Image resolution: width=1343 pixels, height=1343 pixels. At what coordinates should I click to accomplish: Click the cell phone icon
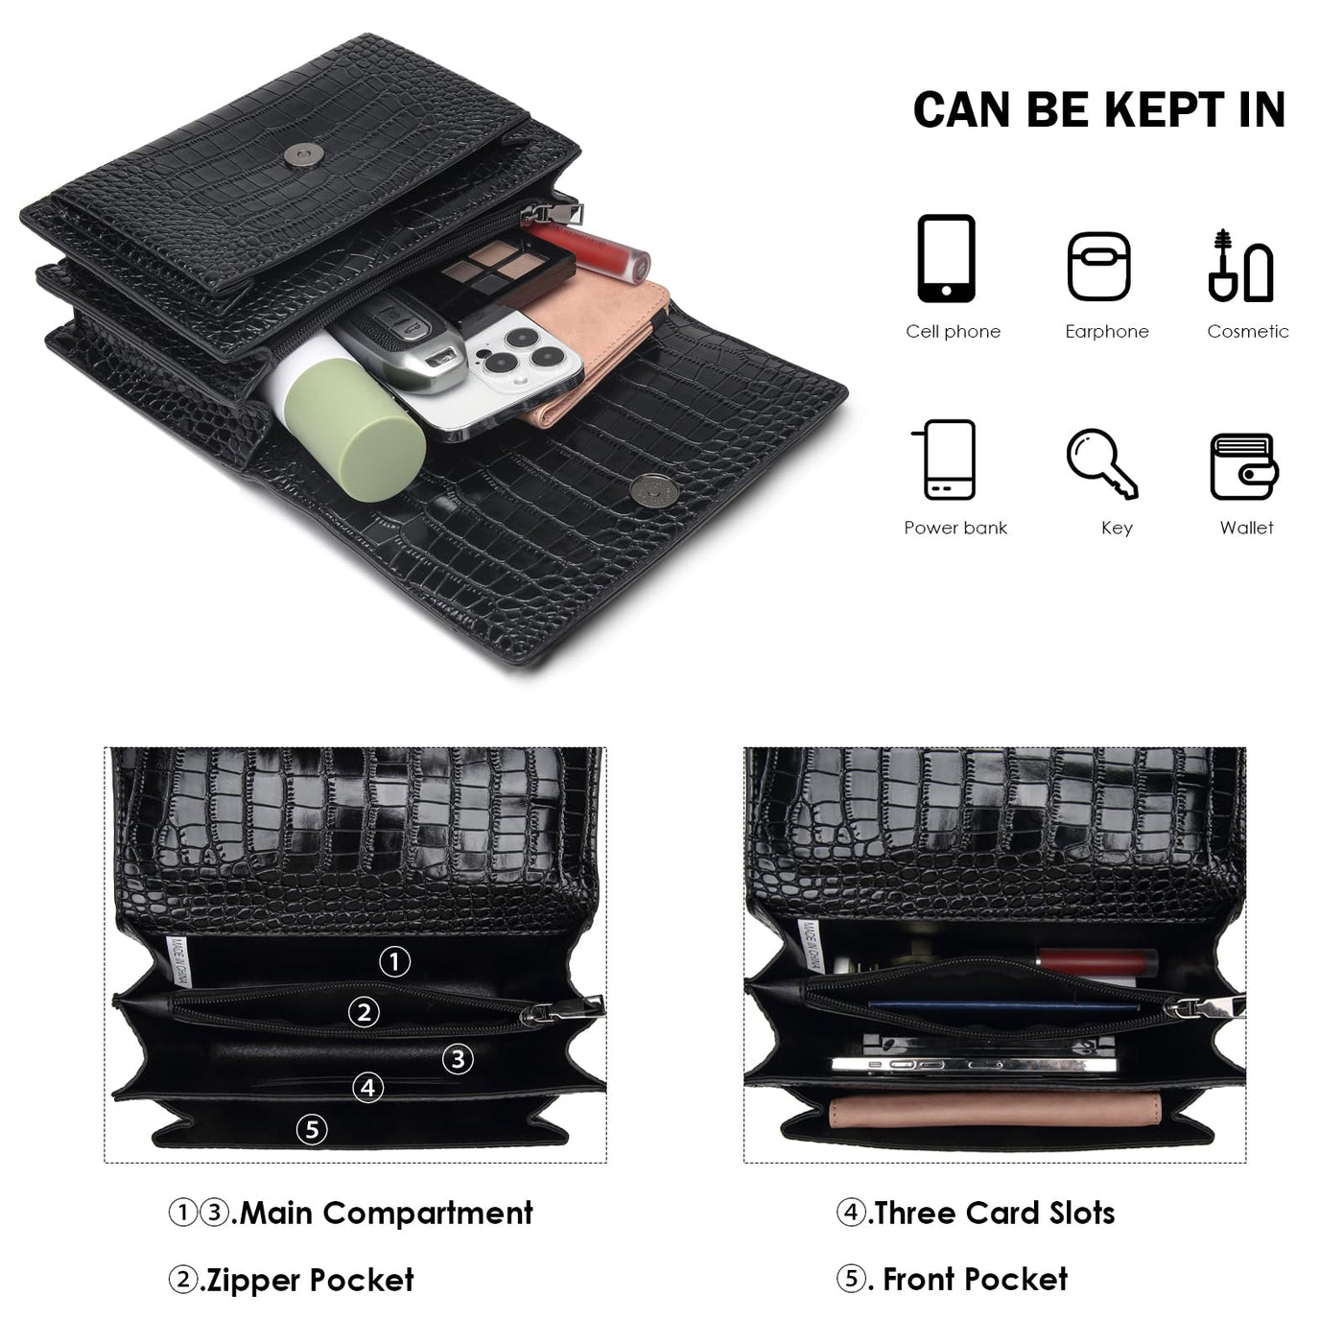point(945,258)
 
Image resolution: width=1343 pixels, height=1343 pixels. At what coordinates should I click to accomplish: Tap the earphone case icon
point(1097,266)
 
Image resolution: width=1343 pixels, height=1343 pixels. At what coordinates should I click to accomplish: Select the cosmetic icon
point(1240,265)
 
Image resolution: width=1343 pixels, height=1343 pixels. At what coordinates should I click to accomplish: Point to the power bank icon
point(944,459)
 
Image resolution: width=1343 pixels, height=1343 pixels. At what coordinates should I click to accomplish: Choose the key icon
point(1101,463)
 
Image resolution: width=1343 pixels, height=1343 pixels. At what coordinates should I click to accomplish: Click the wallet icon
point(1243,465)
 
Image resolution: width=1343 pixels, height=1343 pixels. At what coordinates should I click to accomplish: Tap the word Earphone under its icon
point(1106,331)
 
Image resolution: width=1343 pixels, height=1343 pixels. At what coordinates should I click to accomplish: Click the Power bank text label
point(954,528)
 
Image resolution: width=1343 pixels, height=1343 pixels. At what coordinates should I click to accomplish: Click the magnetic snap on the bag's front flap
point(653,489)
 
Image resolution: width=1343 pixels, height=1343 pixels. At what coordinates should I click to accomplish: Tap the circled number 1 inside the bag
point(394,961)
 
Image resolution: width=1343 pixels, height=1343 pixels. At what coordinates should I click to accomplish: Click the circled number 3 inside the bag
point(458,1059)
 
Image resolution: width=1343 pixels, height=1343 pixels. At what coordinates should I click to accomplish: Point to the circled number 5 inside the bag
point(312,1129)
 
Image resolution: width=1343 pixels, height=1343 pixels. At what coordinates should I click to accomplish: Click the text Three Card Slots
point(995,1213)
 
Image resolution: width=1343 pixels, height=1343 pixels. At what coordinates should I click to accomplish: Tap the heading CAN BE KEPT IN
point(1099,110)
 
